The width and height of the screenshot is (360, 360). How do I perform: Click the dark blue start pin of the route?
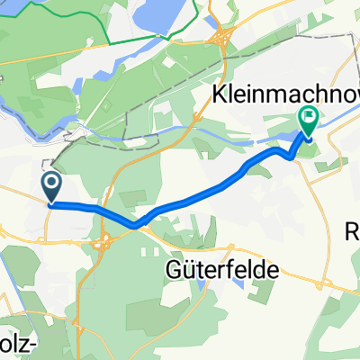(51, 186)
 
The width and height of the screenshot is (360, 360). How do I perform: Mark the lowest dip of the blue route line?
(135, 225)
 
